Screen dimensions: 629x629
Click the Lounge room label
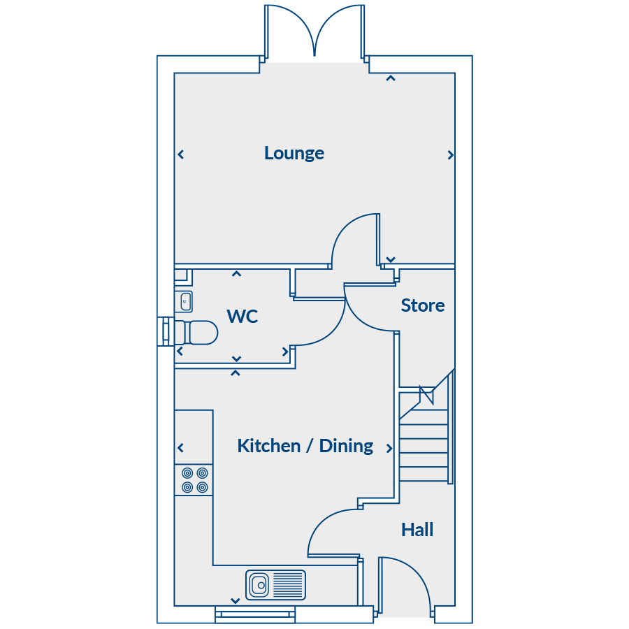click(294, 153)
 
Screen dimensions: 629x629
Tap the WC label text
click(243, 317)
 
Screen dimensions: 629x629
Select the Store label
click(423, 305)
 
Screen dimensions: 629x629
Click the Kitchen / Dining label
click(305, 446)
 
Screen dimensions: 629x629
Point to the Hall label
click(417, 530)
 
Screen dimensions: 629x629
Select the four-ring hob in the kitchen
click(195, 480)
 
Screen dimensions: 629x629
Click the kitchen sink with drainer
click(275, 584)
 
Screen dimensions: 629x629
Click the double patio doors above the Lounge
click(314, 31)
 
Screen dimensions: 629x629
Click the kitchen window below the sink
click(255, 614)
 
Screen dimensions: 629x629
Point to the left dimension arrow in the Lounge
click(181, 154)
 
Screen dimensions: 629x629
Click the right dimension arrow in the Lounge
click(450, 154)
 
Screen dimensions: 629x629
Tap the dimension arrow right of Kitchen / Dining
click(389, 448)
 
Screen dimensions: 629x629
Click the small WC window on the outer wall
click(166, 332)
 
